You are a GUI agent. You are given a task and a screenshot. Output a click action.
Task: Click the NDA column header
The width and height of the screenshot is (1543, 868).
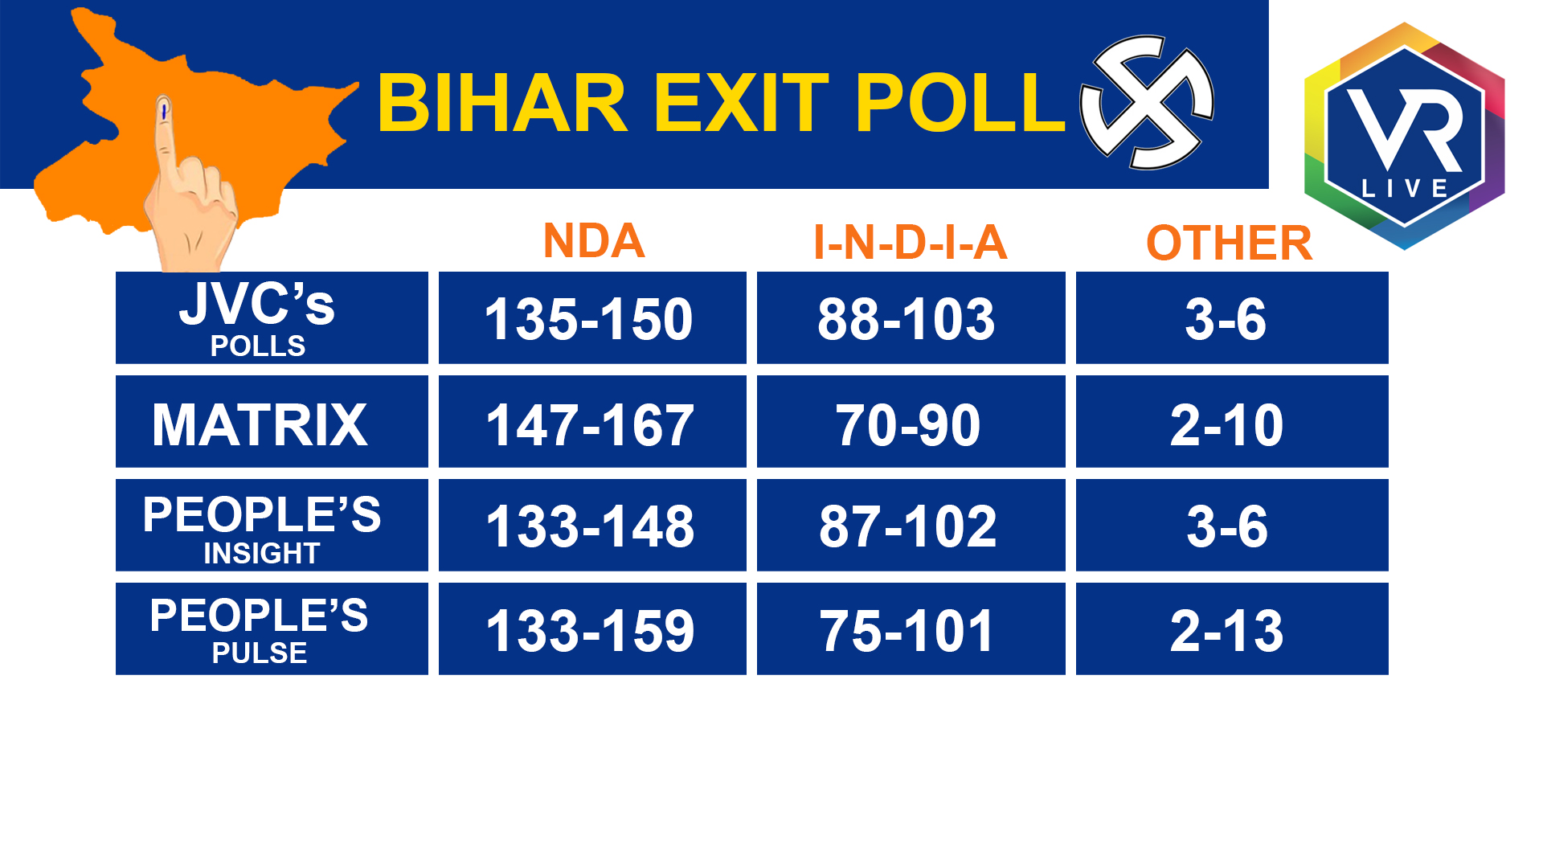(x=594, y=240)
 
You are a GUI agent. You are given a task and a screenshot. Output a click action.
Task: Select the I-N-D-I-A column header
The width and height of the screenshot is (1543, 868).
(x=910, y=242)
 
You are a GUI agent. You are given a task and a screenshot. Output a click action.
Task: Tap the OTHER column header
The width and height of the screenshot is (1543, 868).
(x=1229, y=243)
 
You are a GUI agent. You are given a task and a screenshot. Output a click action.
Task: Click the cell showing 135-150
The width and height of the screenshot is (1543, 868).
(x=592, y=317)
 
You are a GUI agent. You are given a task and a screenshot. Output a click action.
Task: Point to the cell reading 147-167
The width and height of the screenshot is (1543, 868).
(x=592, y=421)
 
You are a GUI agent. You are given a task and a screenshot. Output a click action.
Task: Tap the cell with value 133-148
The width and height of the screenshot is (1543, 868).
(x=592, y=525)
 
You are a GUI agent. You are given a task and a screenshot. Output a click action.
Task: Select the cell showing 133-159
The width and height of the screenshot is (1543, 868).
(x=592, y=628)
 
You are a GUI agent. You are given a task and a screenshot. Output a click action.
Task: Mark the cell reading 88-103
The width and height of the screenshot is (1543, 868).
(x=911, y=317)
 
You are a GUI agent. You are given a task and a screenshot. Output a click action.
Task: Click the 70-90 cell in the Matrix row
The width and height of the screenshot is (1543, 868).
(x=911, y=421)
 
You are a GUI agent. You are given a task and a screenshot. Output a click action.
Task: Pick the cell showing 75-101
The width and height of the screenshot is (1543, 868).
(x=911, y=628)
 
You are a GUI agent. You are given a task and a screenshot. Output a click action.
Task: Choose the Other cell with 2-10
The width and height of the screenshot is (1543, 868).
(x=1232, y=421)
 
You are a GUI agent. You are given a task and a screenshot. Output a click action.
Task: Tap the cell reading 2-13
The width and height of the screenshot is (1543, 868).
(x=1232, y=628)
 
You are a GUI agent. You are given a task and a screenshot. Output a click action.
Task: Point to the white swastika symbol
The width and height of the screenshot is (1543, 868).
(x=1147, y=102)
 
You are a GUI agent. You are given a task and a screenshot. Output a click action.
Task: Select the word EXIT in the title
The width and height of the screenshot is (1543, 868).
(x=741, y=103)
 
